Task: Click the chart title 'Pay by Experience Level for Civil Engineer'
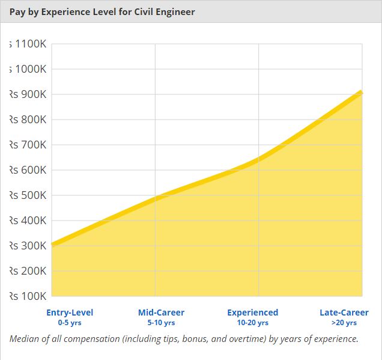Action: [102, 11]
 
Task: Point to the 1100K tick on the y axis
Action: [28, 44]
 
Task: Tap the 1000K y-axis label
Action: [28, 69]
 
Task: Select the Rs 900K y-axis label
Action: [28, 94]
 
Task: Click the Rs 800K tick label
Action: [28, 120]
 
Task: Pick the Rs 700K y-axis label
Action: [28, 145]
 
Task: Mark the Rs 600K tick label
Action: [28, 170]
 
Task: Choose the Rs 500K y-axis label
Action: [28, 195]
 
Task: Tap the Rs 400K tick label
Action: [28, 221]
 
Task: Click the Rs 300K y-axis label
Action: [28, 246]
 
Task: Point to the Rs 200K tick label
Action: [28, 271]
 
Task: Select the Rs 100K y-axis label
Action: [28, 296]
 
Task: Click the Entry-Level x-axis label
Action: [70, 313]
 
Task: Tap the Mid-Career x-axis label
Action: [161, 313]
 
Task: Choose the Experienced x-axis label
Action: [252, 313]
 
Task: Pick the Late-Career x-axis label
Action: [344, 313]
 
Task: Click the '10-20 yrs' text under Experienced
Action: [252, 323]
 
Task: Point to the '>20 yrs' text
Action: [344, 323]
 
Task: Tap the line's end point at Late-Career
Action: [362, 92]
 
